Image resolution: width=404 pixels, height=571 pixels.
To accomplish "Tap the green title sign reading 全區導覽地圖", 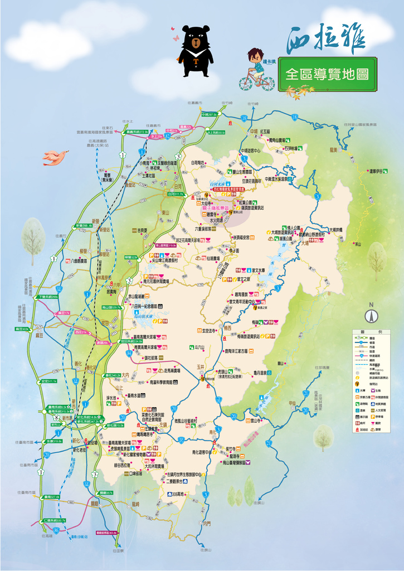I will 327,74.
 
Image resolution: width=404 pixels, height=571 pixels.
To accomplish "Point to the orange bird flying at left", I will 56,157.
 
